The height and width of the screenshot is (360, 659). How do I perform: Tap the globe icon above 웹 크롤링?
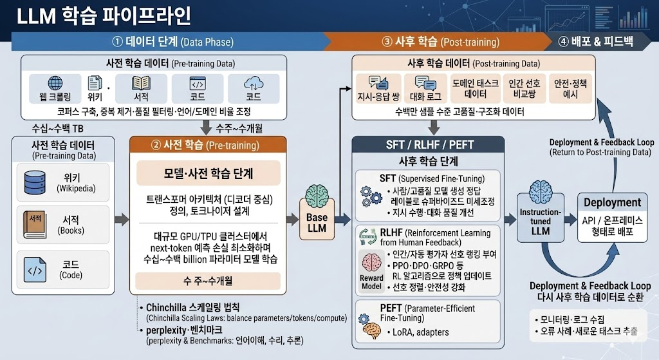(x=55, y=83)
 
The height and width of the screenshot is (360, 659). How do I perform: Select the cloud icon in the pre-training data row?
(x=253, y=83)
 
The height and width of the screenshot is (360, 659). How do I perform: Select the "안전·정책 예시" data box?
(x=570, y=89)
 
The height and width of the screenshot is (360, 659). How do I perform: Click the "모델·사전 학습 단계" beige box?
(x=209, y=173)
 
